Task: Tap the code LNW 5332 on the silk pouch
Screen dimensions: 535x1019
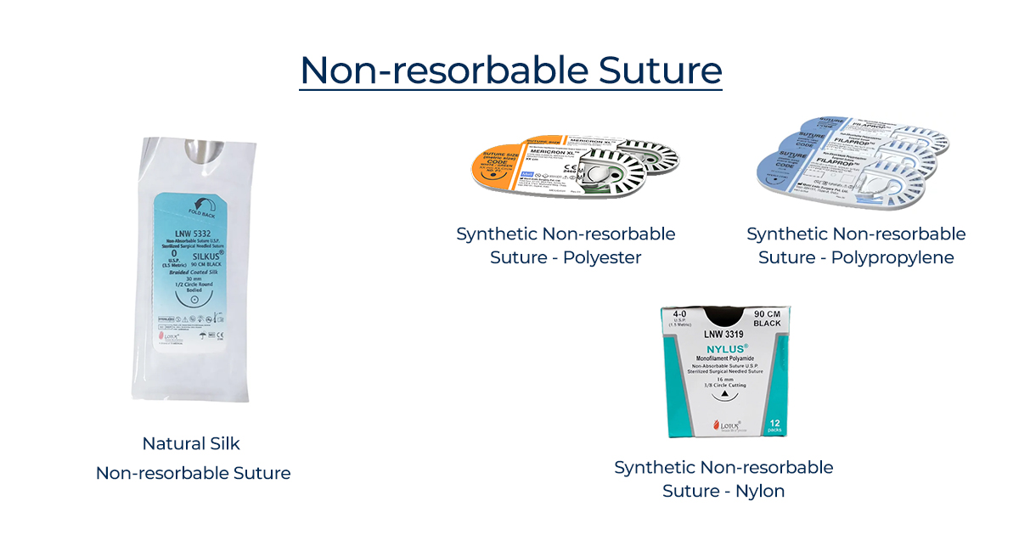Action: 188,232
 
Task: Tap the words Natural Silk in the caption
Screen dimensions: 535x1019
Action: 191,443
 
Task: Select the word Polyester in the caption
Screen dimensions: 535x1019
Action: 602,257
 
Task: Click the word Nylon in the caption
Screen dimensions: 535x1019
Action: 761,491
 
